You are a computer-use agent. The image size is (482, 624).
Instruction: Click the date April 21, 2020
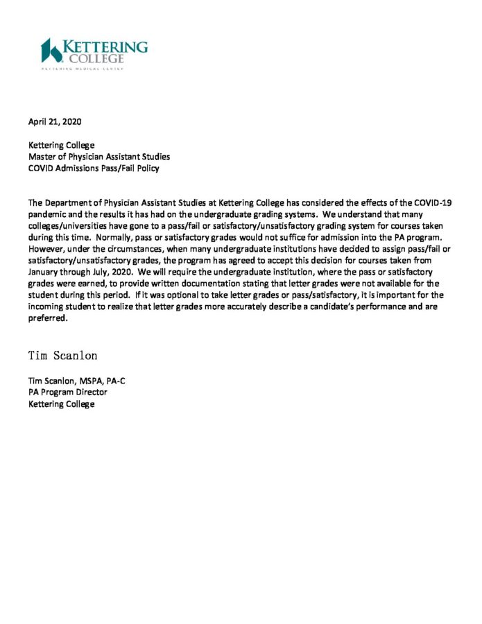pyautogui.click(x=55, y=121)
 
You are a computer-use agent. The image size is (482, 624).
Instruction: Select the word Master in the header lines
pyautogui.click(x=42, y=157)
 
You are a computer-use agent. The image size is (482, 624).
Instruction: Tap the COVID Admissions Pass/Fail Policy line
pyautogui.click(x=93, y=168)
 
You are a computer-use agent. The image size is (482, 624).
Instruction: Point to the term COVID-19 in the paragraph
pyautogui.click(x=432, y=203)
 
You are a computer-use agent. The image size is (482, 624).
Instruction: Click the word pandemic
pyautogui.click(x=49, y=214)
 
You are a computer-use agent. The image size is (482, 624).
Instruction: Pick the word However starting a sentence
pyautogui.click(x=46, y=248)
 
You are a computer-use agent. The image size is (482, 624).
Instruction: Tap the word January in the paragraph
pyautogui.click(x=46, y=270)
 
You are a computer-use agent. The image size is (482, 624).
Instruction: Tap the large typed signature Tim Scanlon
pyautogui.click(x=63, y=356)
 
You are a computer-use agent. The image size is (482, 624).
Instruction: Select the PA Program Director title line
pyautogui.click(x=67, y=392)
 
